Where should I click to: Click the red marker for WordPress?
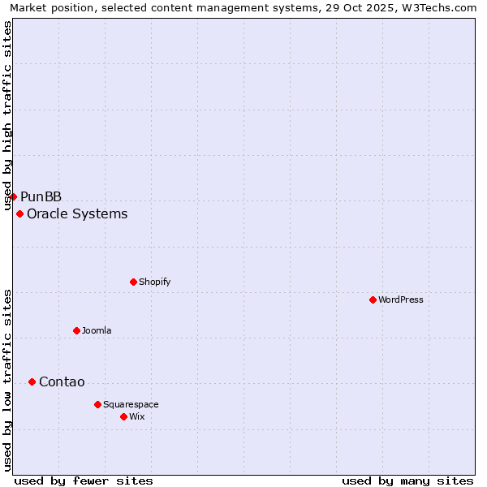373,300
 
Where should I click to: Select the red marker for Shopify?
133,282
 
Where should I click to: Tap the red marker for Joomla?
76,330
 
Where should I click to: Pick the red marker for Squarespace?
97,404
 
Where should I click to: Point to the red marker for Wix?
123,416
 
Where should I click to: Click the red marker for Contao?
32,381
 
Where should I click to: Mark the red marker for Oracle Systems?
19,213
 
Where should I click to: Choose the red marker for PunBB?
13,196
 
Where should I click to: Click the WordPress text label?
401,300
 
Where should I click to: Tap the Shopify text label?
154,282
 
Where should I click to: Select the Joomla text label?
97,330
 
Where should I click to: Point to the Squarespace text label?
131,404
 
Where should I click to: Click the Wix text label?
136,416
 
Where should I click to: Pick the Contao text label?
62,382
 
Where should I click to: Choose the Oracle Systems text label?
77,214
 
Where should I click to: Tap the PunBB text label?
41,196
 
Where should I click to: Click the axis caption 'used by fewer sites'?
84,481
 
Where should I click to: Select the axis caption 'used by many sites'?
407,481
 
